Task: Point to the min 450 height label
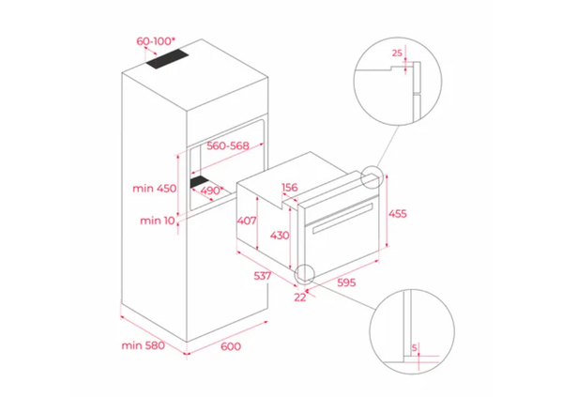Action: pos(154,189)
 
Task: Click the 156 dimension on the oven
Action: pos(290,188)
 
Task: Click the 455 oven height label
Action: pos(398,214)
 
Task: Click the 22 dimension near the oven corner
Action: pos(298,297)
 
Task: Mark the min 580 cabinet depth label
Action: pos(143,345)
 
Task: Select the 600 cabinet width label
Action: pos(230,346)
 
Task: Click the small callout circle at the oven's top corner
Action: pos(373,176)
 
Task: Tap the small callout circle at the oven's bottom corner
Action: pos(304,272)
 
